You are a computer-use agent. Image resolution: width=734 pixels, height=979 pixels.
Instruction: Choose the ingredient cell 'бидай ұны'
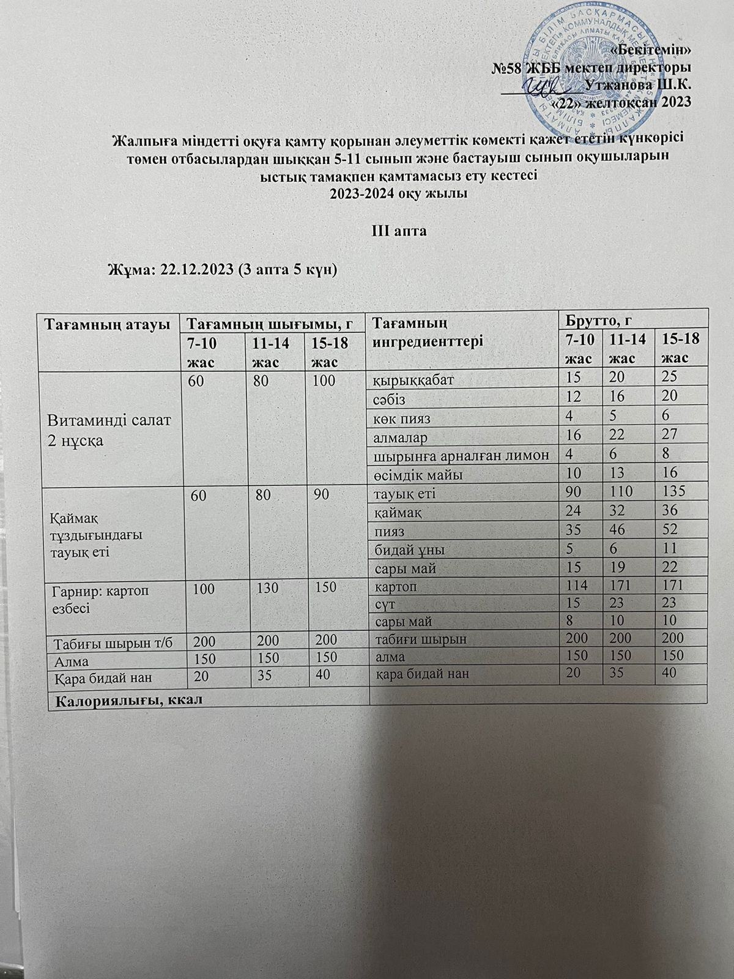(x=406, y=549)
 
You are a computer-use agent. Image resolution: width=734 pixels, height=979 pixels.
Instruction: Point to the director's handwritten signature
(x=542, y=89)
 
